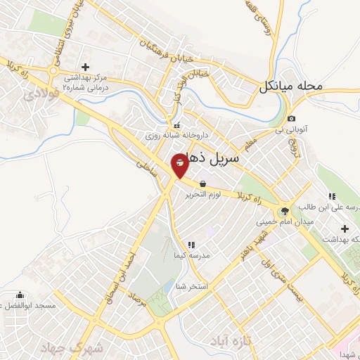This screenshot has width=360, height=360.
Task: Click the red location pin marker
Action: (180, 165)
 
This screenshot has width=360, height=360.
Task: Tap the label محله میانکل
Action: (289, 87)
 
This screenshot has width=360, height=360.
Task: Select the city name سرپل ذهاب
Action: (216, 160)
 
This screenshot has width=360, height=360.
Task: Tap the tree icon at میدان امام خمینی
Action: (285, 210)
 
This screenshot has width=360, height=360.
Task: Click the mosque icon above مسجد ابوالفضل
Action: (20, 295)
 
